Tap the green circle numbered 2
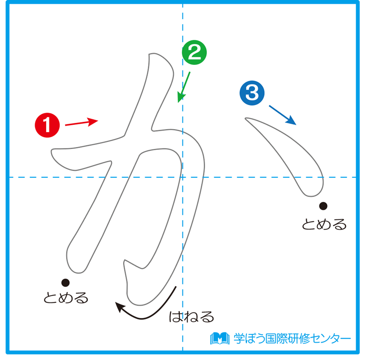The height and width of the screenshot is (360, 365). click(x=194, y=53)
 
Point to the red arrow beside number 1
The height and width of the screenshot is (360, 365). click(x=81, y=122)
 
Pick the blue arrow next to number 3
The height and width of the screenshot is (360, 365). click(x=282, y=115)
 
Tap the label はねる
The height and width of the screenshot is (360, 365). click(x=191, y=316)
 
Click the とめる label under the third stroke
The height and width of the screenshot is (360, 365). click(x=324, y=224)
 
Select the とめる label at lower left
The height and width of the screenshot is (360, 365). click(x=66, y=298)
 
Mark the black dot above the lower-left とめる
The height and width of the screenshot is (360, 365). click(x=65, y=282)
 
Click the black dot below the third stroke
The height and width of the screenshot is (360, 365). click(x=323, y=205)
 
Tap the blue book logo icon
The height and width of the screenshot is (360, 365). click(x=219, y=338)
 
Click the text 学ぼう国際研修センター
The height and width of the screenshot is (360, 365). click(x=292, y=338)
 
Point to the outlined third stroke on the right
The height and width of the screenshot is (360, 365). click(x=292, y=155)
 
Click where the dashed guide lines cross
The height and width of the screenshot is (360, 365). click(x=182, y=177)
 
